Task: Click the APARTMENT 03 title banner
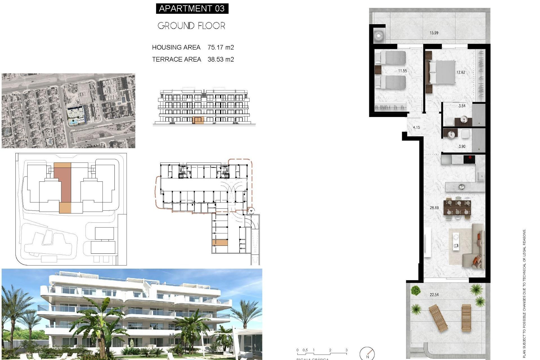(192, 8)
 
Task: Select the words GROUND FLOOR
(191, 26)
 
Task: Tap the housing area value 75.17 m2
(221, 48)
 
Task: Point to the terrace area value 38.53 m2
(221, 59)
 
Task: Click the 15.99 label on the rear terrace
(434, 33)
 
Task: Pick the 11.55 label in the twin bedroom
(402, 71)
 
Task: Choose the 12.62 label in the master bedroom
(461, 72)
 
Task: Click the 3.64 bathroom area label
(462, 106)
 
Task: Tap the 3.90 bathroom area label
(462, 147)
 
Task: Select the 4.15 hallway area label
(416, 127)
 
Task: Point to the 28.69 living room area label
(434, 208)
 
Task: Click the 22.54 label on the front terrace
(434, 295)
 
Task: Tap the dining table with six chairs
(457, 208)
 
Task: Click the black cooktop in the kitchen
(469, 159)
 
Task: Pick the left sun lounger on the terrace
(438, 318)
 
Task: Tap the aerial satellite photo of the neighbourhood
(68, 111)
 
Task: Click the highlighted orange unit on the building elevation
(198, 120)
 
